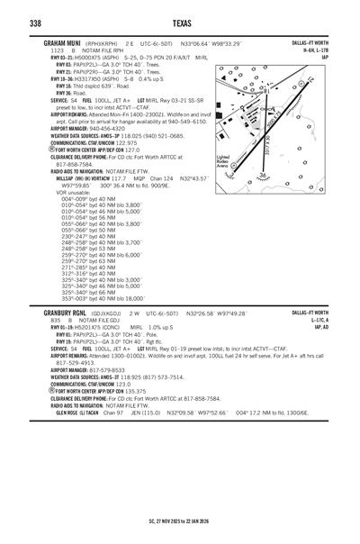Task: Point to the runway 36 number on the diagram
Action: tap(264, 175)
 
